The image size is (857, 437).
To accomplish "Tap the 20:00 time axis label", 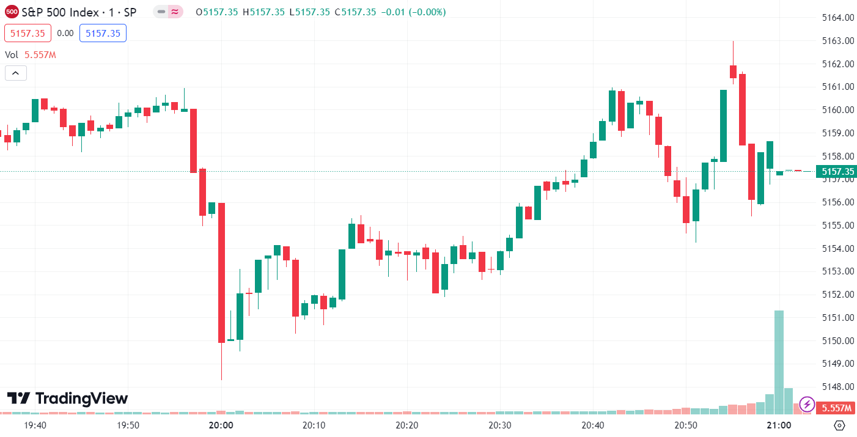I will coord(221,425).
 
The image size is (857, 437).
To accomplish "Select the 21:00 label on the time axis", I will coord(779,425).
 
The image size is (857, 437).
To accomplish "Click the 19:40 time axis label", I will coord(35,425).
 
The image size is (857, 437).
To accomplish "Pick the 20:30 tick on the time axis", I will coord(499,425).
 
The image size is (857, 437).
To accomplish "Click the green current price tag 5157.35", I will coord(835,172).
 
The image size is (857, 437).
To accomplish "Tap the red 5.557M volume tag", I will coord(835,408).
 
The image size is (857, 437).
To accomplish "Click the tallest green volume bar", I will coord(779,361).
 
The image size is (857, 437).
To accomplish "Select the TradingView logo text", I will coord(68,399).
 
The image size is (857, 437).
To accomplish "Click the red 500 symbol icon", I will coord(12,12).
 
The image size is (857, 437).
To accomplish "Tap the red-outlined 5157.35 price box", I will coord(28,33).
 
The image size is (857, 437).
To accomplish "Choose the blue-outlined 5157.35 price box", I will coord(103,33).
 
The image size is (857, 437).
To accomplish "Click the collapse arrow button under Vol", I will coord(15,73).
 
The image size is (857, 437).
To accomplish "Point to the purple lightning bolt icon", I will coord(807,404).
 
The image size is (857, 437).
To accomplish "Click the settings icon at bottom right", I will coord(839,425).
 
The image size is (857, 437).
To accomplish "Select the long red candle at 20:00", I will coord(221,272).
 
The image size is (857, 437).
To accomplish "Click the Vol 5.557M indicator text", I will coord(31,55).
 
